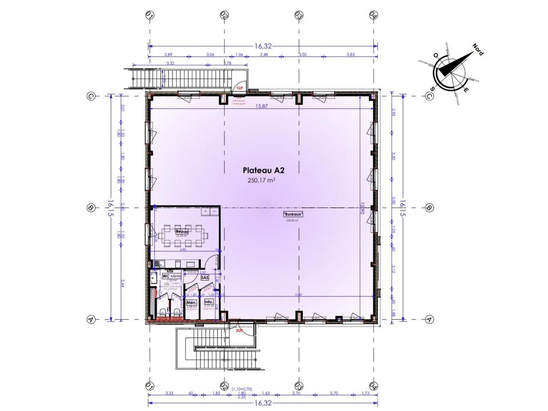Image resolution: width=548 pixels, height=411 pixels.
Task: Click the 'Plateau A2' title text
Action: [263, 170]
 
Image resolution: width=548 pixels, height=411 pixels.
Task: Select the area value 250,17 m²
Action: [261, 180]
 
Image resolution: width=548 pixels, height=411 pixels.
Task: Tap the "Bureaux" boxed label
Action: [293, 214]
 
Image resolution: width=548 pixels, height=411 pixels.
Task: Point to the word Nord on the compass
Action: [478, 49]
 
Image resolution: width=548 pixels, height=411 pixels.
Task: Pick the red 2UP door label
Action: [239, 331]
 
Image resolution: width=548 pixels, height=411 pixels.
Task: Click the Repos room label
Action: [182, 232]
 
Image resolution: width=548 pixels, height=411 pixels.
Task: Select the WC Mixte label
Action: [172, 276]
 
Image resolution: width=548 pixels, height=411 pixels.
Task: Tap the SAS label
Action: [205, 277]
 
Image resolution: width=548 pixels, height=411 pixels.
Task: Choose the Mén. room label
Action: [191, 303]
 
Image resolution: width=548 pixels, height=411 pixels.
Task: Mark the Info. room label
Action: [208, 302]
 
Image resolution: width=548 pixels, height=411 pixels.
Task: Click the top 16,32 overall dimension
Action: [263, 46]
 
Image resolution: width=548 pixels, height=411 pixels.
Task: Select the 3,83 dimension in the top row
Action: [351, 54]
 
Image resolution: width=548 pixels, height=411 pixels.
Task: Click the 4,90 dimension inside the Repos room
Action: [182, 250]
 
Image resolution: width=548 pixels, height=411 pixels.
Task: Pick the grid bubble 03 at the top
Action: [298, 15]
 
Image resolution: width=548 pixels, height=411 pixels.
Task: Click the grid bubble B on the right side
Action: [429, 208]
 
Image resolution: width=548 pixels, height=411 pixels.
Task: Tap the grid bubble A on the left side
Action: [90, 319]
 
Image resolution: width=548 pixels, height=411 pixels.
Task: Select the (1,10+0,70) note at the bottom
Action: [242, 389]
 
